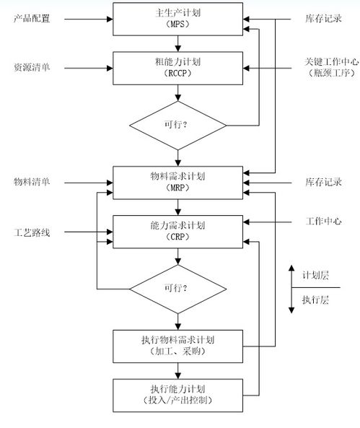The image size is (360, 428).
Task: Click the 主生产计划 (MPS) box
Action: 177,19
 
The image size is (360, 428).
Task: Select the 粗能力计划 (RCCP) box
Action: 177,69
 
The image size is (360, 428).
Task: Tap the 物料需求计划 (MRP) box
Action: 177,183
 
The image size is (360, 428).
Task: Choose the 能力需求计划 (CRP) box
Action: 177,232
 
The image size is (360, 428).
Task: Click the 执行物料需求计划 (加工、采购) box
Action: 177,346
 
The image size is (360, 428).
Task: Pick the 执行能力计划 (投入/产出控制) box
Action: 177,396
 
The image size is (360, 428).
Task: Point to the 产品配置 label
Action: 32,19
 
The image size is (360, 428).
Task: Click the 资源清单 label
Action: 32,67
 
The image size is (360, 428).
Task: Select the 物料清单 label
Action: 32,182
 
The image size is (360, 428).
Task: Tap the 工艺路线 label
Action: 32,232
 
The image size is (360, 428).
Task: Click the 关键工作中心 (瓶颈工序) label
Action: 332,67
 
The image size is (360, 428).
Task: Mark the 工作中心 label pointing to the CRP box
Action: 323,221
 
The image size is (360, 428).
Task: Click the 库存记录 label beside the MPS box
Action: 323,19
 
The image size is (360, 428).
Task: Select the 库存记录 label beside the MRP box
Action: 323,182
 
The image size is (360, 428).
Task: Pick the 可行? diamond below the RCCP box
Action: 177,126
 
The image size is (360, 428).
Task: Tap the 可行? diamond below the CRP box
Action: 177,289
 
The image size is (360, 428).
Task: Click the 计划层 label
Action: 315,276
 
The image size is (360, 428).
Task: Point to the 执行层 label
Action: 315,300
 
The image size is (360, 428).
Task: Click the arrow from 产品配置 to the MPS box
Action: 89,19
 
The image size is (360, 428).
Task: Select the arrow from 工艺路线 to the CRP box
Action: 89,232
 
